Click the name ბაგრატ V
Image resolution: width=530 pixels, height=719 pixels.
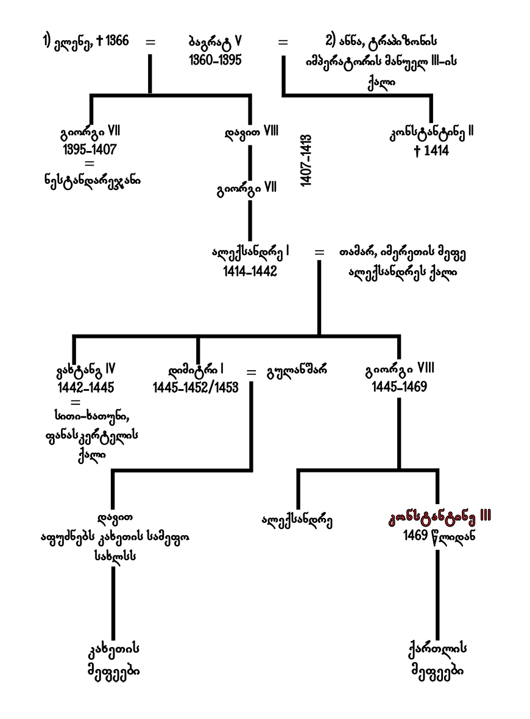[x=215, y=42]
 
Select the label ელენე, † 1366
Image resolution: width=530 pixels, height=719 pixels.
[x=85, y=43]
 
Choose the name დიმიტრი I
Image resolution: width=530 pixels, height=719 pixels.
[x=196, y=370]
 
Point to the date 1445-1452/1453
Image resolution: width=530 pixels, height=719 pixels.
[x=195, y=387]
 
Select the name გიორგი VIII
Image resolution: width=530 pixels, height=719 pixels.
[x=399, y=370]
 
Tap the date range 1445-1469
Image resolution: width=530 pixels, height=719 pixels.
[x=399, y=387]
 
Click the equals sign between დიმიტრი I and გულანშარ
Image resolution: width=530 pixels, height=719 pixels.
[x=251, y=371]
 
